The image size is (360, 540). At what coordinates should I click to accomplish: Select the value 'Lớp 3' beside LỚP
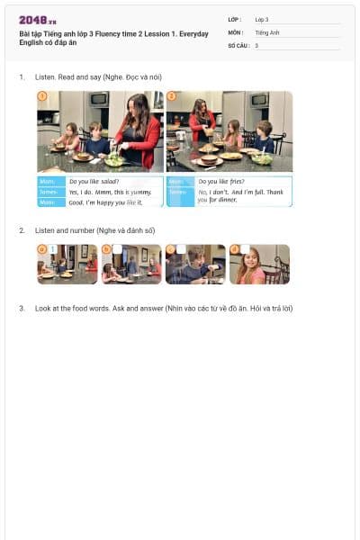click(262, 19)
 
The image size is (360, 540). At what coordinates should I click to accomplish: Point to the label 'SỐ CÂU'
click(238, 45)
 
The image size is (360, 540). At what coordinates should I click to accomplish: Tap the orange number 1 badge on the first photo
click(41, 95)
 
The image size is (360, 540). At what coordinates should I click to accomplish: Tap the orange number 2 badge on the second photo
click(171, 95)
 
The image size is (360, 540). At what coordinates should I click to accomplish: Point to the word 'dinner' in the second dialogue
click(226, 200)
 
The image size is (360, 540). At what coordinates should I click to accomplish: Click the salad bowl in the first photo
click(115, 160)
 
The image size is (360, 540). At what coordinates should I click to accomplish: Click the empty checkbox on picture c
click(181, 249)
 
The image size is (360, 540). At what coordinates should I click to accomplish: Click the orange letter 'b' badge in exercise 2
click(106, 249)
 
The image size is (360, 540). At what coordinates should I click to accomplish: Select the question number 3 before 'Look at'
click(22, 309)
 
